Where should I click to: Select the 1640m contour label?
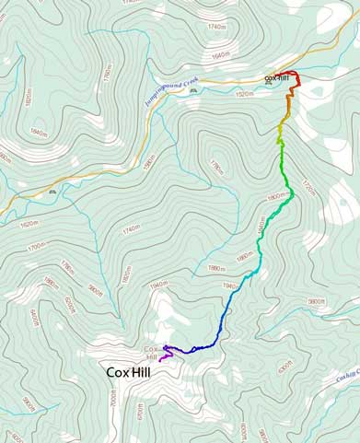click(220, 56)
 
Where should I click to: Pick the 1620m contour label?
click(29, 224)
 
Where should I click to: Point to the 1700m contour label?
click(37, 247)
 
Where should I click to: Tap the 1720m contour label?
click(308, 190)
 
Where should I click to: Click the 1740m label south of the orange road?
click(131, 227)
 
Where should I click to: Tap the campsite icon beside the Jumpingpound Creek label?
click(192, 91)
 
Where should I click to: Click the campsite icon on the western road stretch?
click(52, 192)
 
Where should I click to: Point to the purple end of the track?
click(160, 359)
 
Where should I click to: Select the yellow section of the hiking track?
click(281, 134)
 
